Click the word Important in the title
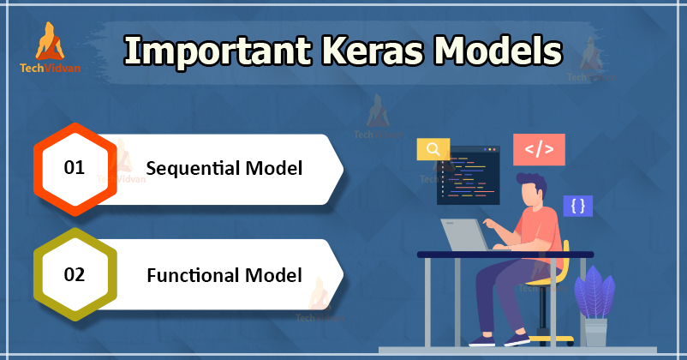218,51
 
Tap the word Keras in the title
373,50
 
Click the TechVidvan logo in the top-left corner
50,47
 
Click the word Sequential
193,169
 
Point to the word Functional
193,275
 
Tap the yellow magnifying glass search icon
433,149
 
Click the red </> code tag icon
539,149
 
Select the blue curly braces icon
578,206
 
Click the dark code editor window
469,177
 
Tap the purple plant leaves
594,292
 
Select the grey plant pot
596,333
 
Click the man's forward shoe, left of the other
481,340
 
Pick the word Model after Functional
273,275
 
